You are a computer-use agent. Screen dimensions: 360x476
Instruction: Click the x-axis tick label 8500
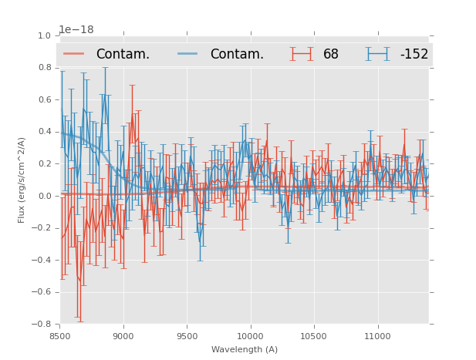[59, 336]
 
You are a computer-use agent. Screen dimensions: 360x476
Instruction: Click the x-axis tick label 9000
[123, 336]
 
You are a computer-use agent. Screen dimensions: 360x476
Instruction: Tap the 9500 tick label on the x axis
[187, 336]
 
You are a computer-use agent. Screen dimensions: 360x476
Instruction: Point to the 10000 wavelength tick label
[250, 336]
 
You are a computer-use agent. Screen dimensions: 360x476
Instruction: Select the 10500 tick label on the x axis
[314, 336]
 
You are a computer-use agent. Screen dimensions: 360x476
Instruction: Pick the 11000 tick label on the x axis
[377, 336]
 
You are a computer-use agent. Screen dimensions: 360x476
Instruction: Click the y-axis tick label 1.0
[43, 35]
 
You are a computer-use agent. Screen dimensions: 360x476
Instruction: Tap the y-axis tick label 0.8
[43, 68]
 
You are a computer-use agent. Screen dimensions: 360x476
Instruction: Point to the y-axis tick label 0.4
[43, 132]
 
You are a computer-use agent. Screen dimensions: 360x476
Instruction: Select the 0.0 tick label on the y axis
[43, 196]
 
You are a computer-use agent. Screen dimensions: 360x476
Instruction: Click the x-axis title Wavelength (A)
[245, 349]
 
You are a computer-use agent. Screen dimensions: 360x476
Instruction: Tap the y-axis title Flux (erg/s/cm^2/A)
[22, 180]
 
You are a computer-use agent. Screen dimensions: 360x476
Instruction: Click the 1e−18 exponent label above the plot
[76, 29]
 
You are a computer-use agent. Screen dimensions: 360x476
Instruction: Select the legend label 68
[331, 55]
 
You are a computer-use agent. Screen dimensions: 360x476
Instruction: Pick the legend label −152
[414, 55]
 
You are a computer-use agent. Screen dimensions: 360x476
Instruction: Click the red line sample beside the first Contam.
[74, 54]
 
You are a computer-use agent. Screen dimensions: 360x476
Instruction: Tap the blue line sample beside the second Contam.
[188, 54]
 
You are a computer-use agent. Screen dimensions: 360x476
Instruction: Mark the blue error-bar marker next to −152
[378, 54]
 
